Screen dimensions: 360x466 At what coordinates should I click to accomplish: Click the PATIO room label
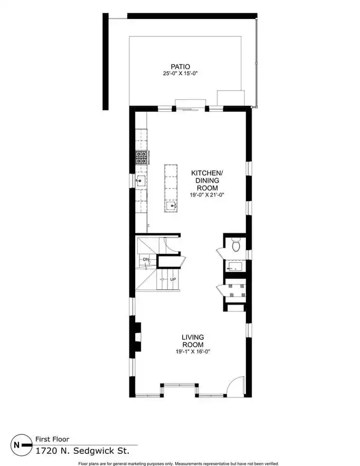(x=180, y=67)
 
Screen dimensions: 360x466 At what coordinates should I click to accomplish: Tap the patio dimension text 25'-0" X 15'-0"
(x=180, y=73)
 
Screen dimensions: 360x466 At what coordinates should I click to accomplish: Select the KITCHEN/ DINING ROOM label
(x=206, y=180)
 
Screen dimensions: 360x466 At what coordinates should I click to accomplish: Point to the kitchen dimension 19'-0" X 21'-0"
(x=206, y=195)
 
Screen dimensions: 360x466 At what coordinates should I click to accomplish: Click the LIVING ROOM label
(x=193, y=341)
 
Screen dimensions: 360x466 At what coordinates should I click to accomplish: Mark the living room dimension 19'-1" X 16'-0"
(x=193, y=352)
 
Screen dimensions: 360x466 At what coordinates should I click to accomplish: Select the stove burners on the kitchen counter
(x=141, y=157)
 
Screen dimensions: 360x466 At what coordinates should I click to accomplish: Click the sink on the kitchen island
(x=171, y=206)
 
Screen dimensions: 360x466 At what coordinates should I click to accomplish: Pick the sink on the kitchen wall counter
(x=140, y=180)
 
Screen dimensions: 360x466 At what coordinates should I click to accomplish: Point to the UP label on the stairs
(x=173, y=279)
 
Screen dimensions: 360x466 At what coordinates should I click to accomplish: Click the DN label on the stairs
(x=146, y=260)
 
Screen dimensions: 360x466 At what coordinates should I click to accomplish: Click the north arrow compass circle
(x=22, y=444)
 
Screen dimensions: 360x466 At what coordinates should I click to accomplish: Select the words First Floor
(x=52, y=439)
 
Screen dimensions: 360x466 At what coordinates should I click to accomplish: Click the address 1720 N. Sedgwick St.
(x=83, y=451)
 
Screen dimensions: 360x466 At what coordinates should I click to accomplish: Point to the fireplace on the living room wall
(x=137, y=337)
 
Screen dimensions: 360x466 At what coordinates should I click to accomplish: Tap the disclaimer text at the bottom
(x=178, y=463)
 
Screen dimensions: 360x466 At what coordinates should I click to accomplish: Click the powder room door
(x=220, y=252)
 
